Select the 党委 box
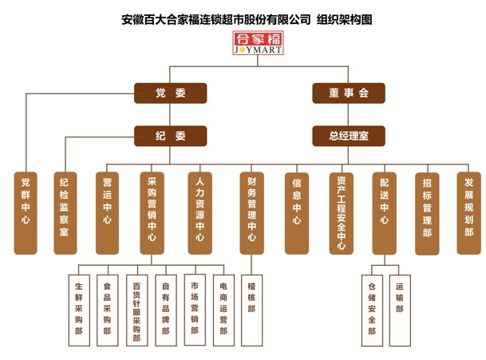tap(170, 93)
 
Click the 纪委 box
tap(170, 135)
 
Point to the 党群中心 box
tap(26, 212)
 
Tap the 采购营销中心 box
tap(152, 212)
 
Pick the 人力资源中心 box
tap(200, 212)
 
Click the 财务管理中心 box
tap(251, 212)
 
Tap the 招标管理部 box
tap(427, 212)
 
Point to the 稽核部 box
tap(251, 297)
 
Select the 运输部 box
tap(399, 297)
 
